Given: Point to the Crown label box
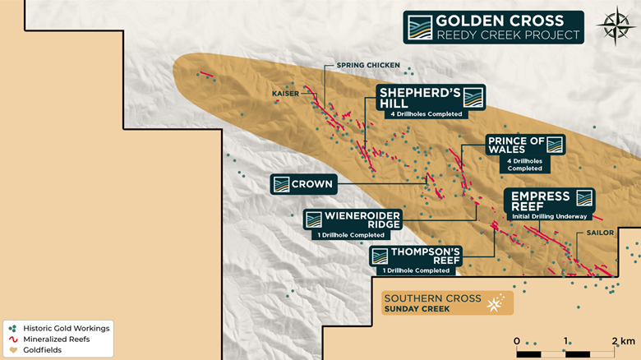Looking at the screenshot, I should [x=303, y=184].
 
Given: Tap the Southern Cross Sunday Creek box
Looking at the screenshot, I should [x=444, y=303].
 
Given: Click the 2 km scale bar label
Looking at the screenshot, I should [x=622, y=340].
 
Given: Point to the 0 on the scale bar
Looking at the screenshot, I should [x=517, y=340].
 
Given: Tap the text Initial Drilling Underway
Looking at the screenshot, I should [x=549, y=216].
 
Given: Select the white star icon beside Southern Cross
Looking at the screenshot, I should [x=495, y=303].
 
